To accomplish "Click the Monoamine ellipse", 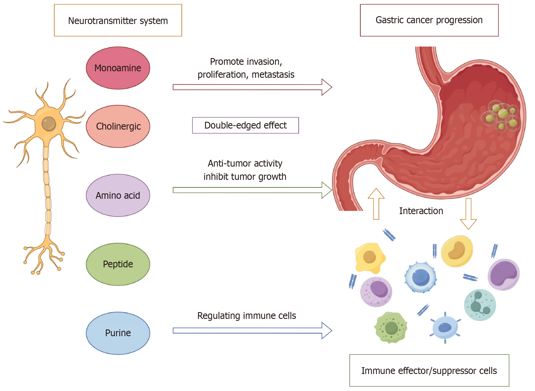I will tap(118, 68).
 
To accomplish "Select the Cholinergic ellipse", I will tap(118, 126).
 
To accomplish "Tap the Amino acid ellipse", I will tap(118, 195).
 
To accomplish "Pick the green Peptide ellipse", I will tap(118, 264).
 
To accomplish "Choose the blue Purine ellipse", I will tap(118, 333).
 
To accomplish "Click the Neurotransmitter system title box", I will tap(118, 20).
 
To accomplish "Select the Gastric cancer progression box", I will tap(429, 20).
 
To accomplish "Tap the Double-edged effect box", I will tap(245, 125).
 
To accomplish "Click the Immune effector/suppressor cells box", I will tap(429, 370).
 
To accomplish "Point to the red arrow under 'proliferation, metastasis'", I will tap(251, 87).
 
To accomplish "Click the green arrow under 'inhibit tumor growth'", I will tap(251, 190).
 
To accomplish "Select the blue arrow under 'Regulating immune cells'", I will tap(251, 331).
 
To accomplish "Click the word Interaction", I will tap(421, 211).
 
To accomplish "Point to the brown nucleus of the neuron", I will tap(49, 124).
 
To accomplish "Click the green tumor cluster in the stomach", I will tap(502, 116).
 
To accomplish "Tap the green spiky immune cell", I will tap(391, 328).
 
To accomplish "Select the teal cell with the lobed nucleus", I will tap(480, 305).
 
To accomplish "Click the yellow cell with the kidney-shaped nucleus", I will tap(457, 251).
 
